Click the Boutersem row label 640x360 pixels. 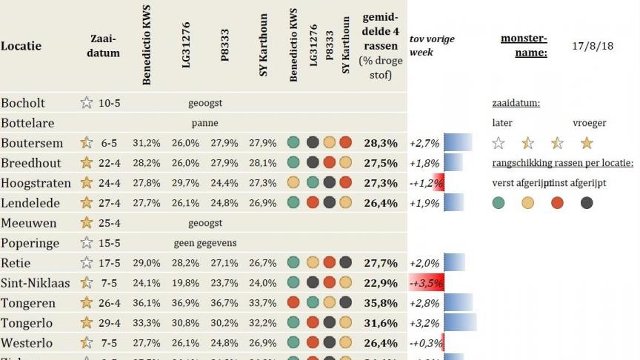[32, 143]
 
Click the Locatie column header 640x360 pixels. [21, 46]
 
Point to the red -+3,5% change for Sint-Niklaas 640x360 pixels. [426, 283]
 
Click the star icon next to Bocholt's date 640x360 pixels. [87, 103]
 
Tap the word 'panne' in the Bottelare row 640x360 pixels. [204, 123]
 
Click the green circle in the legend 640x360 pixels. [499, 203]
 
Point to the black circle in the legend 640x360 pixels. [587, 203]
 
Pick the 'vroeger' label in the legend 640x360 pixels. [590, 123]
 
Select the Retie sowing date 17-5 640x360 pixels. [110, 263]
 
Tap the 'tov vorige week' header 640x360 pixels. [431, 46]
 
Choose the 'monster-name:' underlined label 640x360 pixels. [524, 46]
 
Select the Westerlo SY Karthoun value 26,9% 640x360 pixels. [262, 343]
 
